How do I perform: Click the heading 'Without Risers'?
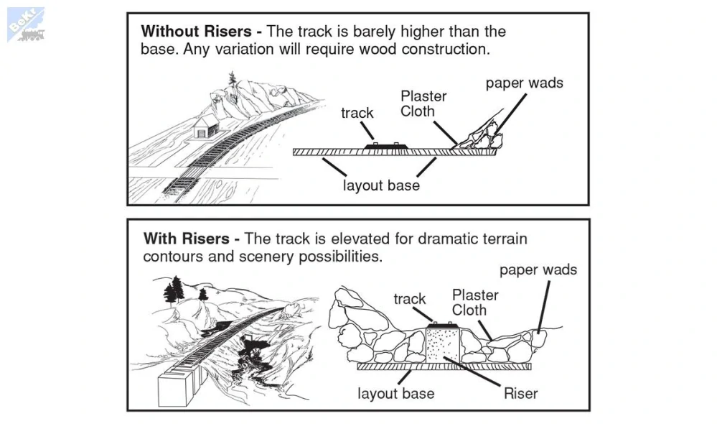pos(196,31)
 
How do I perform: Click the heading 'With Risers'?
pos(186,239)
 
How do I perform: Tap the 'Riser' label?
pos(521,393)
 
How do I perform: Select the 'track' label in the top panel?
pos(357,113)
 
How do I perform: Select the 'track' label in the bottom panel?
pos(410,299)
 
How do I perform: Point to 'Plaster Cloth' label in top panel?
pos(423,103)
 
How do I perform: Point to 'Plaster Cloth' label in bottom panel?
pos(475,303)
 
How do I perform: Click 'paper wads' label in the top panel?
pos(525,83)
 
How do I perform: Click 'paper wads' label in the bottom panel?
pos(538,269)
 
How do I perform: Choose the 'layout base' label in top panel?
pos(381,185)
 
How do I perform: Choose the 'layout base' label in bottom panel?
pos(396,393)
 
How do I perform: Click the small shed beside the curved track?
pos(206,126)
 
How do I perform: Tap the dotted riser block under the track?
pos(443,346)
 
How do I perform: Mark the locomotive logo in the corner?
pos(26,25)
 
